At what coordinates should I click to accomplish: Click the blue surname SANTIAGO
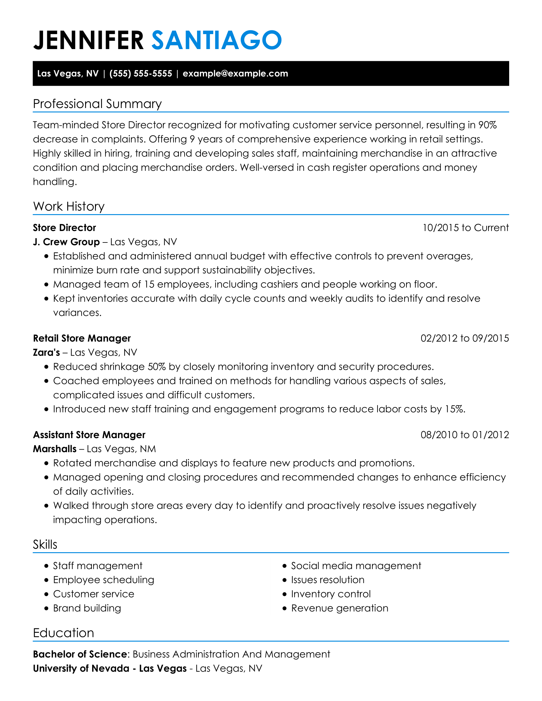tap(216, 40)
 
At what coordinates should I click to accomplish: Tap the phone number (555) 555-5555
tap(141, 74)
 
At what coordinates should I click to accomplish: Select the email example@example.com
tap(235, 74)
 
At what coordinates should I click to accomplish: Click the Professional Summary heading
tap(97, 104)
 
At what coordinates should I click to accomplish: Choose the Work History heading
tap(69, 206)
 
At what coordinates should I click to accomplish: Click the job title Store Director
tap(64, 228)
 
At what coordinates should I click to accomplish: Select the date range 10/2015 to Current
tap(465, 228)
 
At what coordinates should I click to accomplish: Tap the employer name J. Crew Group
tap(66, 242)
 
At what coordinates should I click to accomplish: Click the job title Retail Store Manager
tap(82, 338)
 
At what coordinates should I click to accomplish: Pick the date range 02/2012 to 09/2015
tap(465, 338)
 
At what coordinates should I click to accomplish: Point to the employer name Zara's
tap(46, 352)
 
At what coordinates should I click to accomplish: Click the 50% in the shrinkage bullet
tap(157, 366)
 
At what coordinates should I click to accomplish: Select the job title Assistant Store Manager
tap(89, 435)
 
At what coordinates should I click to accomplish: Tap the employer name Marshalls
tap(55, 449)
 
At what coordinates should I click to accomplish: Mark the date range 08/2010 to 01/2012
tap(465, 435)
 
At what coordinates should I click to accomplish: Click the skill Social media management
tap(356, 566)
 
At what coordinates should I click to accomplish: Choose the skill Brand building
tap(87, 608)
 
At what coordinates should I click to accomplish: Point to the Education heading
tap(63, 633)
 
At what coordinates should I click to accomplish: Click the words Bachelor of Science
tap(80, 654)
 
